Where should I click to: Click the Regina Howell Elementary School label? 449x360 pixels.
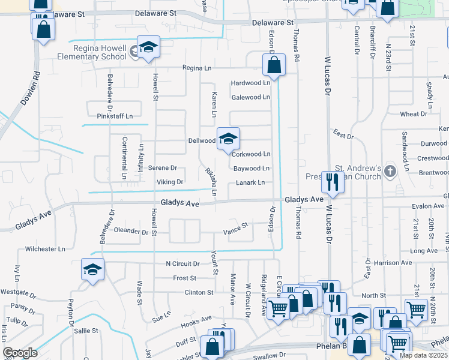[x=100, y=53]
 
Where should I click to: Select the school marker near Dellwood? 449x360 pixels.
[x=228, y=139]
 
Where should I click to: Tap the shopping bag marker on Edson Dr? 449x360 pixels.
[x=274, y=65]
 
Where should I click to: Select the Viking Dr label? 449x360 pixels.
[x=170, y=182]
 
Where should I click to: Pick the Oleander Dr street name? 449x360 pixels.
[x=131, y=231]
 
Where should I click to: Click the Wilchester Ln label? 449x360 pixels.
[x=45, y=248]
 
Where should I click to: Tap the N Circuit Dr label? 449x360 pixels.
[x=182, y=263]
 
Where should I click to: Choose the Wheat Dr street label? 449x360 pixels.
[x=414, y=114]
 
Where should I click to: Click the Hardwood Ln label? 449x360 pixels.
[x=250, y=83]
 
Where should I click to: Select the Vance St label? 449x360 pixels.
[x=235, y=227]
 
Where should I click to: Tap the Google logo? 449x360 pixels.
[x=20, y=353]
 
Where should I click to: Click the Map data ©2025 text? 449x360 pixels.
[x=423, y=355]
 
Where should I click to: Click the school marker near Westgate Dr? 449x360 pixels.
[x=93, y=269]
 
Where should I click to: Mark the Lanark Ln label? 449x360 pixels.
[x=250, y=182]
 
